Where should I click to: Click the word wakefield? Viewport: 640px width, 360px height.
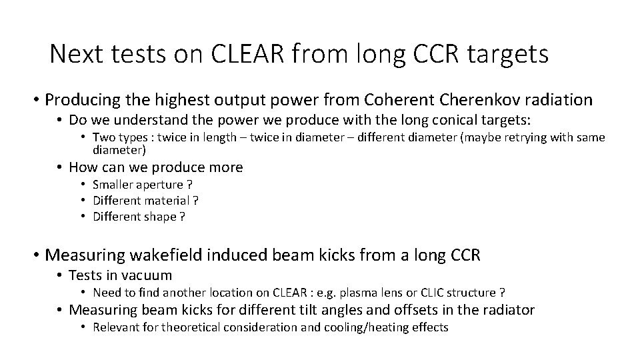point(167,255)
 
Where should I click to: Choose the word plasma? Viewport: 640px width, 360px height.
point(346,292)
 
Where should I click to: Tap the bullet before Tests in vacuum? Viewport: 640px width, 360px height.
point(60,275)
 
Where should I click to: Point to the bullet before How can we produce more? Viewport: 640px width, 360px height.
point(60,167)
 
